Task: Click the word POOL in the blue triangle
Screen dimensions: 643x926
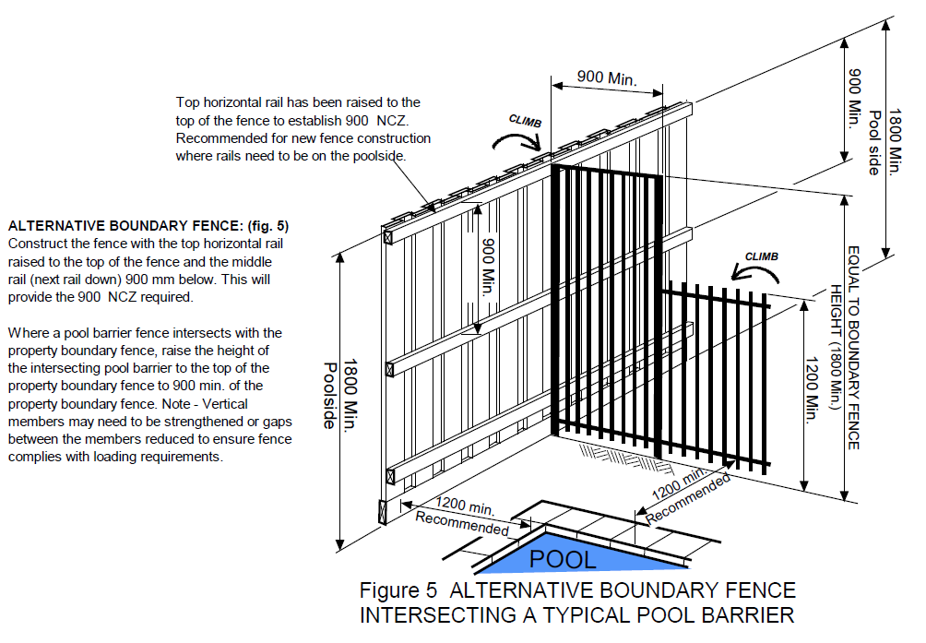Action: pyautogui.click(x=563, y=559)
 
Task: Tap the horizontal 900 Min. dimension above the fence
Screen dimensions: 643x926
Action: pyautogui.click(x=606, y=78)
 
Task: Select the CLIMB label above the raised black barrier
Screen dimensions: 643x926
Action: pyautogui.click(x=525, y=121)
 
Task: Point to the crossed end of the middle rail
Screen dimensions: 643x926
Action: pyautogui.click(x=389, y=369)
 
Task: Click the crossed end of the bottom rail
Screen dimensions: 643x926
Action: pyautogui.click(x=388, y=475)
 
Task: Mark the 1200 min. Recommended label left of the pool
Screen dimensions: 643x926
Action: pyautogui.click(x=462, y=517)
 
